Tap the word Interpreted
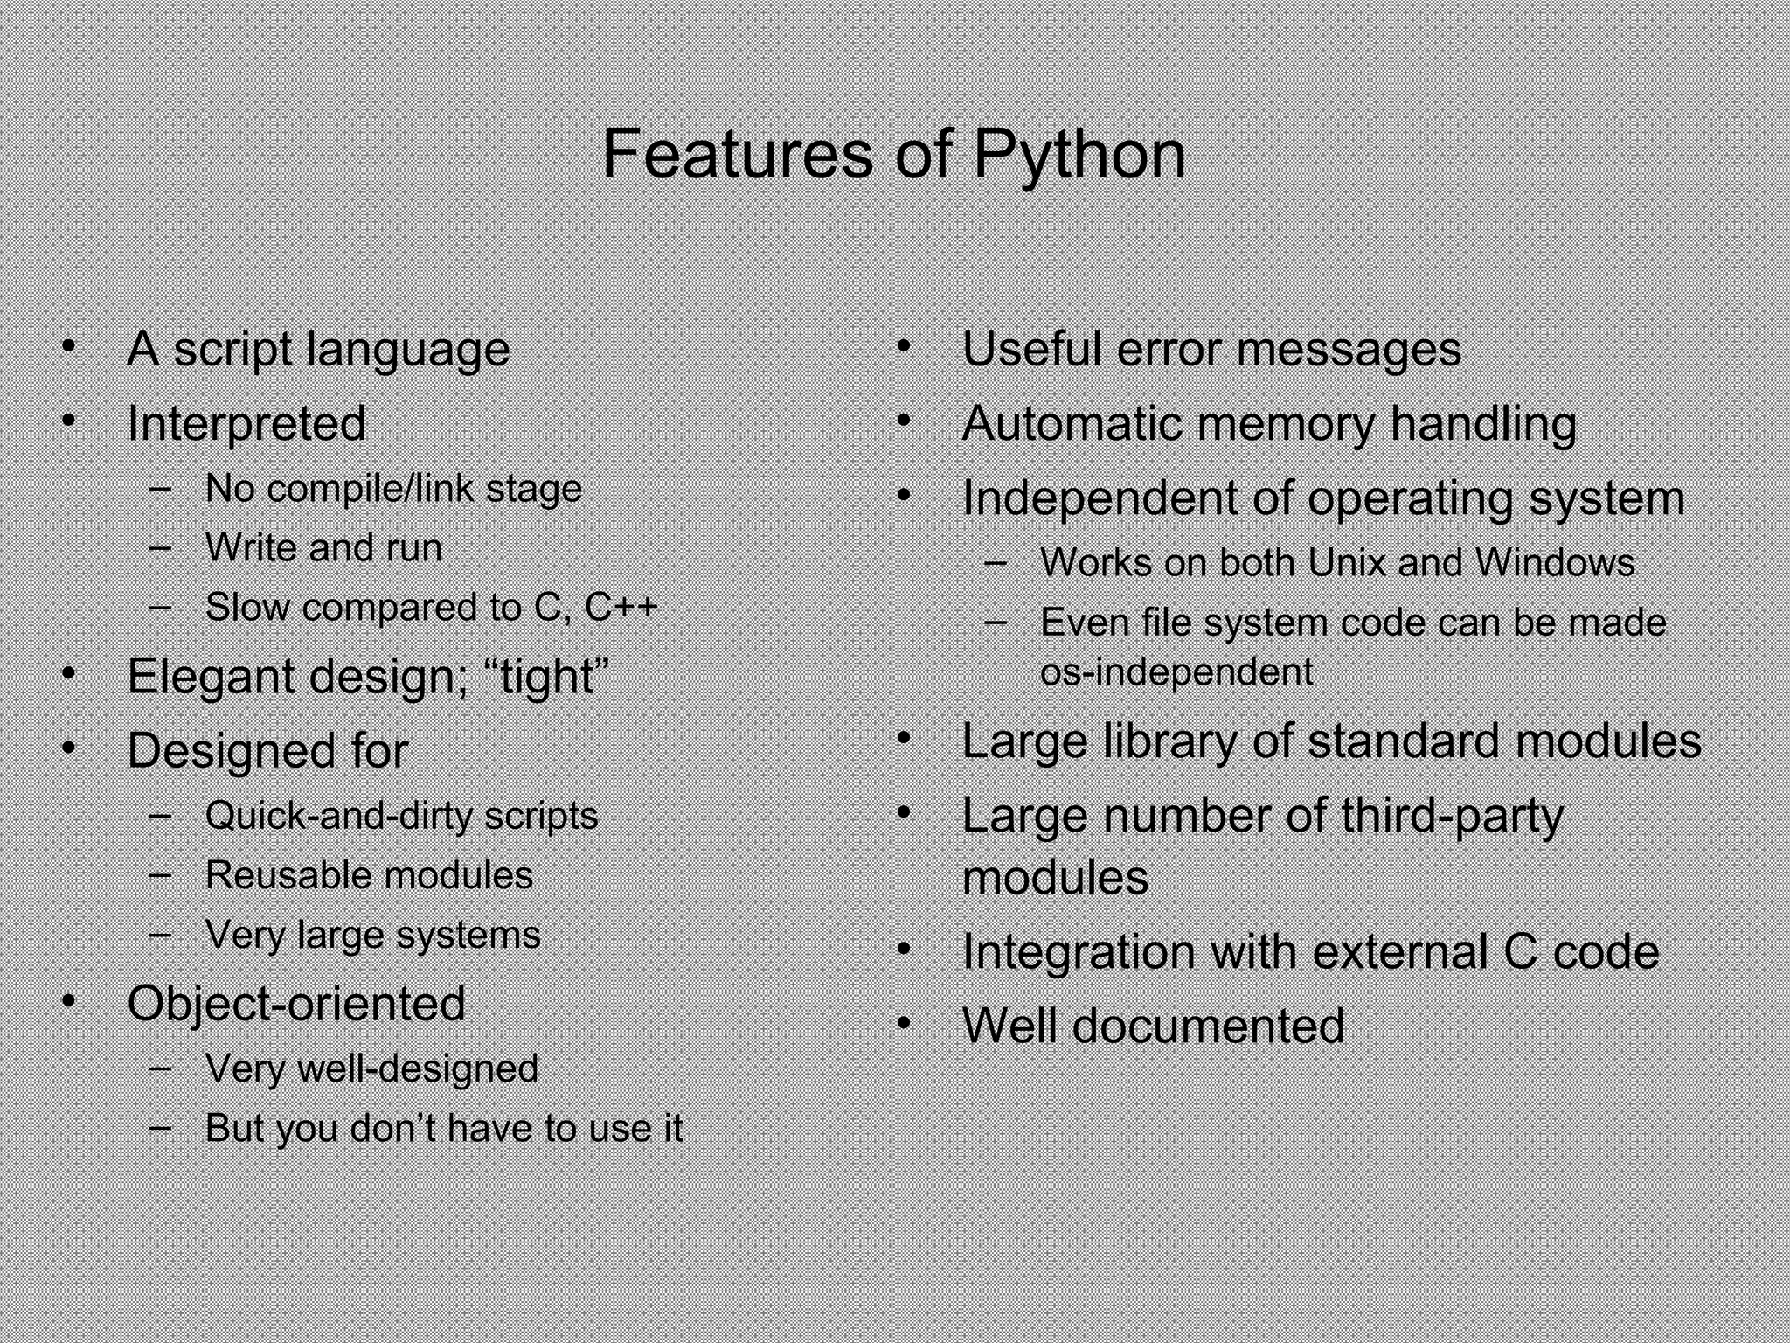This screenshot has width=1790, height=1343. [x=246, y=424]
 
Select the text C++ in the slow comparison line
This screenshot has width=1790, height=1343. [x=621, y=607]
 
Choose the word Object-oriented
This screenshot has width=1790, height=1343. [x=296, y=1003]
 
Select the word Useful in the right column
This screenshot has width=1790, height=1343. [x=1031, y=349]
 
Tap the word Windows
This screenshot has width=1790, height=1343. [x=1555, y=562]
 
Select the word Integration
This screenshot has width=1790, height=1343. [x=1078, y=951]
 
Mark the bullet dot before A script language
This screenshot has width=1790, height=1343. [x=69, y=347]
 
